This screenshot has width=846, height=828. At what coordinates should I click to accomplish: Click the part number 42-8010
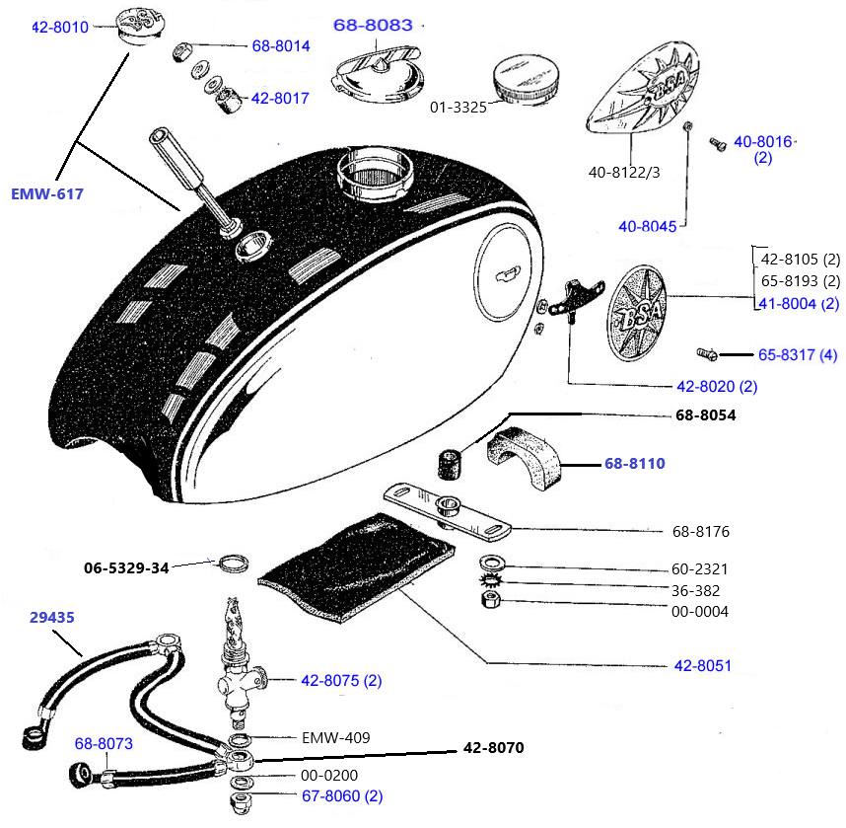point(60,28)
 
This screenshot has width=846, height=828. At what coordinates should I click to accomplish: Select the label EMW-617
point(47,193)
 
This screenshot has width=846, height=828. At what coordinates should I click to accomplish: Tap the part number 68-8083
point(373,26)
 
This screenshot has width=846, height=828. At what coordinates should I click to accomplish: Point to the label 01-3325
point(458,107)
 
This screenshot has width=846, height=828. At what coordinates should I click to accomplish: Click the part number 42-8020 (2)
point(717,386)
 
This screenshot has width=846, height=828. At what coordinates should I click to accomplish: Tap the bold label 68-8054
point(706,415)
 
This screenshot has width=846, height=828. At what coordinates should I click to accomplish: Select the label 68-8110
point(634,462)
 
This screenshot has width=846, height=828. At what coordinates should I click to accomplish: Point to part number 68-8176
point(701,532)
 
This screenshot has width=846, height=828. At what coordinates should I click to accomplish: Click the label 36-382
point(695,590)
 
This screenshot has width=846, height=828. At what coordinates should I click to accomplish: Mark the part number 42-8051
point(703,665)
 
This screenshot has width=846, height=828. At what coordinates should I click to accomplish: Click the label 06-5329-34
point(126,567)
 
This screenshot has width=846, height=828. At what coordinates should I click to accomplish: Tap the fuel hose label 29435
point(51,617)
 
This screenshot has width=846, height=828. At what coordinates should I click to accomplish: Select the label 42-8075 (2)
point(341,680)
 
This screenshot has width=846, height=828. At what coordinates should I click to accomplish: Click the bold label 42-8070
point(493,748)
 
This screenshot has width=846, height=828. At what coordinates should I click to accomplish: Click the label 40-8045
point(648,226)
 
